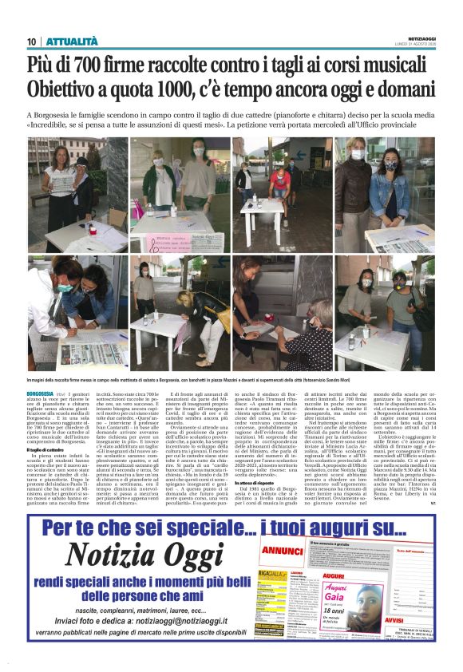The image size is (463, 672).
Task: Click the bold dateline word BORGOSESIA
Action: [x=40, y=394]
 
